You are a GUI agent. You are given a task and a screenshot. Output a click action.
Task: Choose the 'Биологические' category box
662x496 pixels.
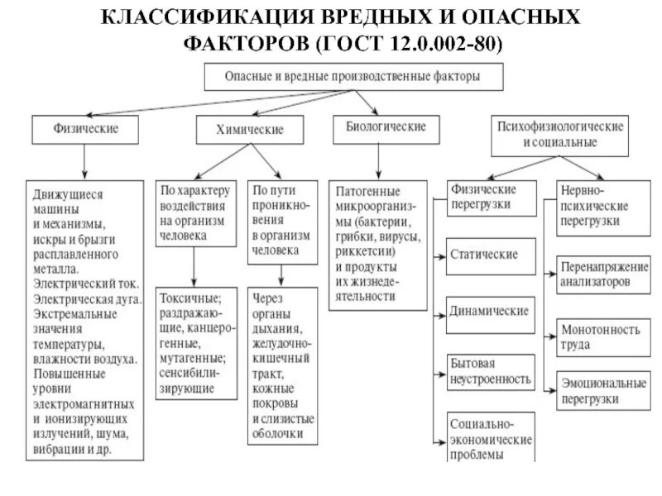tap(380, 127)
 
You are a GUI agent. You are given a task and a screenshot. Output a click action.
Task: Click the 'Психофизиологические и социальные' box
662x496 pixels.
tap(560, 134)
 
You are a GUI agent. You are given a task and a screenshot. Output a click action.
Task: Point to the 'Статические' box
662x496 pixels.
tap(483, 254)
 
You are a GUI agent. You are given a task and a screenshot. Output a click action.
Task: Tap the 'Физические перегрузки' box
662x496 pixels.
tap(489, 197)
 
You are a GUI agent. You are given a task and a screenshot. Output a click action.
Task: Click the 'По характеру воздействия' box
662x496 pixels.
tap(196, 212)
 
